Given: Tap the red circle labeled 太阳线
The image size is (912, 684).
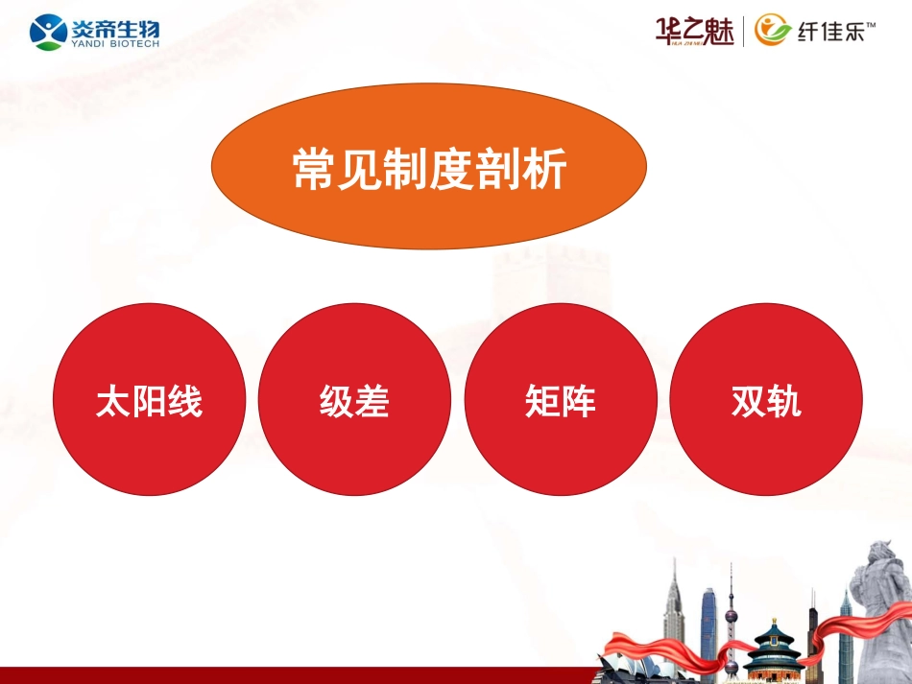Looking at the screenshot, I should [149, 400].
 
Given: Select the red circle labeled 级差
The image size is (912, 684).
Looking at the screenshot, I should [354, 400].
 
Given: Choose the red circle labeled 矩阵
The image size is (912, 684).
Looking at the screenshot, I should [561, 400].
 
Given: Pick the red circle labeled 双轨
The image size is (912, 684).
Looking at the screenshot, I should [765, 400].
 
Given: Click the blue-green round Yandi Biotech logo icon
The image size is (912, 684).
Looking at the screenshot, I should [48, 32].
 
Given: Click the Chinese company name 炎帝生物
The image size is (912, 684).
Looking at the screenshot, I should [114, 26].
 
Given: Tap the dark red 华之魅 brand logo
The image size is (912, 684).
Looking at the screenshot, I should [693, 31].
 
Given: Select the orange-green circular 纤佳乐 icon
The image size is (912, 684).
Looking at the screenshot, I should [773, 31].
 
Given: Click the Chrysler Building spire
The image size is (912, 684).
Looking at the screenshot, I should [673, 585].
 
